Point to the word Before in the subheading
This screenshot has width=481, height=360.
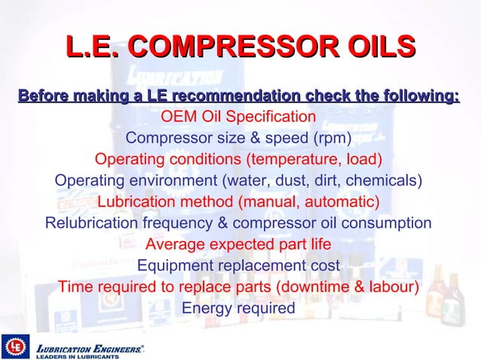pos(42,96)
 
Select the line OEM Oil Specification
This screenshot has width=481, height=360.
pos(238,117)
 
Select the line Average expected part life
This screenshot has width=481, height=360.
pos(238,244)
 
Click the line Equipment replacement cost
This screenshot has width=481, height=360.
pos(238,266)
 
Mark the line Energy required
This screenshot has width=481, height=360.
pos(238,308)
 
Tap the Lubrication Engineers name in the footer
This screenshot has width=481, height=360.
pos(89,348)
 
